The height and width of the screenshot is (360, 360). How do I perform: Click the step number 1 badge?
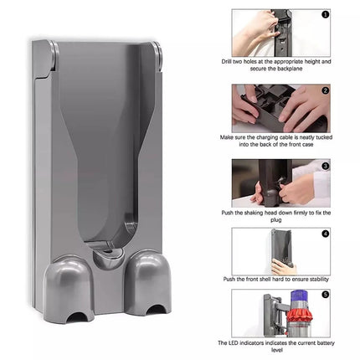[324, 14]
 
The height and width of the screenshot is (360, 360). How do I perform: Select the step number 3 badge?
[324, 166]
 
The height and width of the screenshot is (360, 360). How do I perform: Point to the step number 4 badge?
[324, 235]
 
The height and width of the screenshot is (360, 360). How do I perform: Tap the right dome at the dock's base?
[152, 277]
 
